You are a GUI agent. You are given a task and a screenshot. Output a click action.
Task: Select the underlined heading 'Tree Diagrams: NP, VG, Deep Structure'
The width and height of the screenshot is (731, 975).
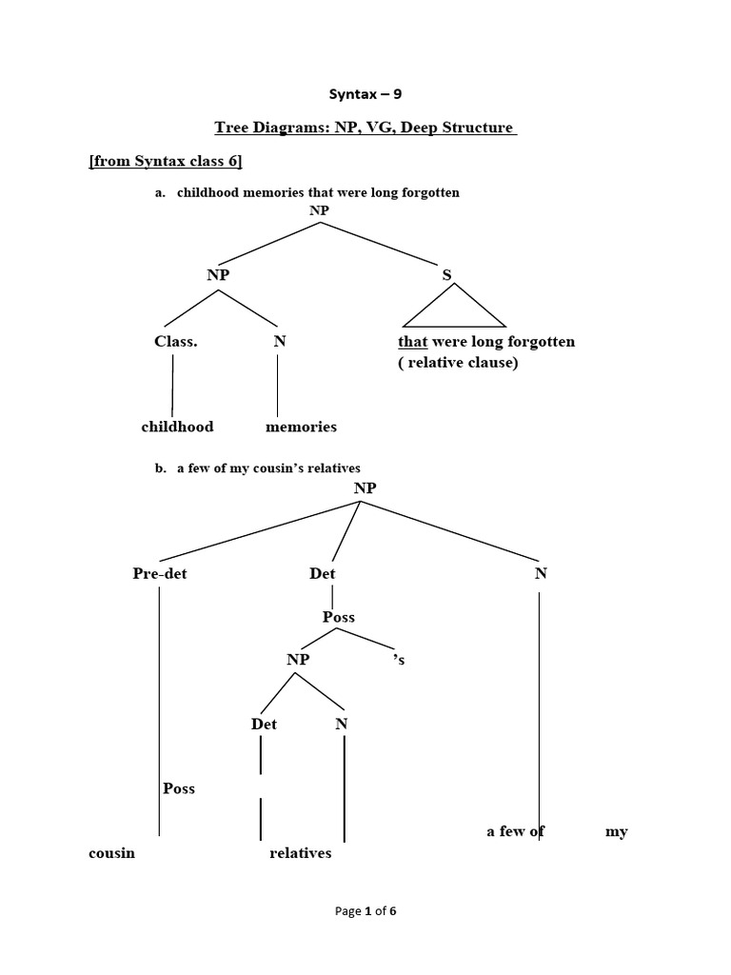(365, 128)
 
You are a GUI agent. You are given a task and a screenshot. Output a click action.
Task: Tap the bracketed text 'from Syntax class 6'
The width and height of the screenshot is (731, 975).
(166, 162)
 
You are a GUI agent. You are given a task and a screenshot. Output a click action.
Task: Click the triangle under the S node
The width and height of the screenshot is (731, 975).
(454, 308)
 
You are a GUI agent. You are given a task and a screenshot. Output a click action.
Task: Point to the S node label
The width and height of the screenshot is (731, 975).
(446, 274)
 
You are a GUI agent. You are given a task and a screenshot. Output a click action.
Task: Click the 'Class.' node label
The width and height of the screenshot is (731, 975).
(176, 341)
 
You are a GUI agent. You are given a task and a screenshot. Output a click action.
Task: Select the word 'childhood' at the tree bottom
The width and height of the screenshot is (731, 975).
(177, 427)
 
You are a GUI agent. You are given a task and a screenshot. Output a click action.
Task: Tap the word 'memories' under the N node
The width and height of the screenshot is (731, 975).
(301, 427)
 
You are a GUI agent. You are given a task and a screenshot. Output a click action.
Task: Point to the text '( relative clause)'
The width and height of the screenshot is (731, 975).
(458, 363)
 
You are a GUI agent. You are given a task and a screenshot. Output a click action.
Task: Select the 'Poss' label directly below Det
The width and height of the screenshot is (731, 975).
(339, 617)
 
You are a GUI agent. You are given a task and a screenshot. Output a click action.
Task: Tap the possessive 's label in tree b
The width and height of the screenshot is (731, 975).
(399, 659)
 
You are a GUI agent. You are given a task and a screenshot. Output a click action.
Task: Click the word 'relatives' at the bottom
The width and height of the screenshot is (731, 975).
(301, 853)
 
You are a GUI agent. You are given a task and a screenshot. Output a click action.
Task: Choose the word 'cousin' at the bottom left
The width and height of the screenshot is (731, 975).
(111, 853)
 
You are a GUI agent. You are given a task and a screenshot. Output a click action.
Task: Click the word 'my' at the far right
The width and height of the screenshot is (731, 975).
(616, 831)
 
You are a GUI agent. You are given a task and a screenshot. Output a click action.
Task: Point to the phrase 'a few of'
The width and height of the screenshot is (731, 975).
(515, 831)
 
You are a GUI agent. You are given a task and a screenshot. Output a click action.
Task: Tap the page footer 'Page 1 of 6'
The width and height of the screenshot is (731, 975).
(365, 911)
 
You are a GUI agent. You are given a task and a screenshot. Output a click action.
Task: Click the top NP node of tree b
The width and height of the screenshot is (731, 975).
(365, 487)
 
